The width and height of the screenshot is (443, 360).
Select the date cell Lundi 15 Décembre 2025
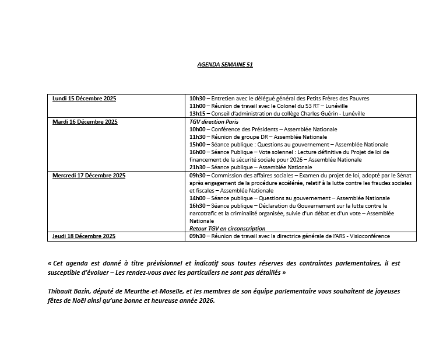85,99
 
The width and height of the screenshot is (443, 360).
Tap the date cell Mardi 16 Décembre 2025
85,122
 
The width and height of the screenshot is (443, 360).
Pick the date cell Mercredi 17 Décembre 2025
89,176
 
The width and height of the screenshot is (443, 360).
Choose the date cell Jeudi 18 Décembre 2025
84,236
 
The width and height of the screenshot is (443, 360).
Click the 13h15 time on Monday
198,114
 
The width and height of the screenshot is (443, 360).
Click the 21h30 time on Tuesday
198,167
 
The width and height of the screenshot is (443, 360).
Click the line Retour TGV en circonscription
227,229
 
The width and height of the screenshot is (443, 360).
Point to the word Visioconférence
368,236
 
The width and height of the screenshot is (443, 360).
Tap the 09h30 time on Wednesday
198,176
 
